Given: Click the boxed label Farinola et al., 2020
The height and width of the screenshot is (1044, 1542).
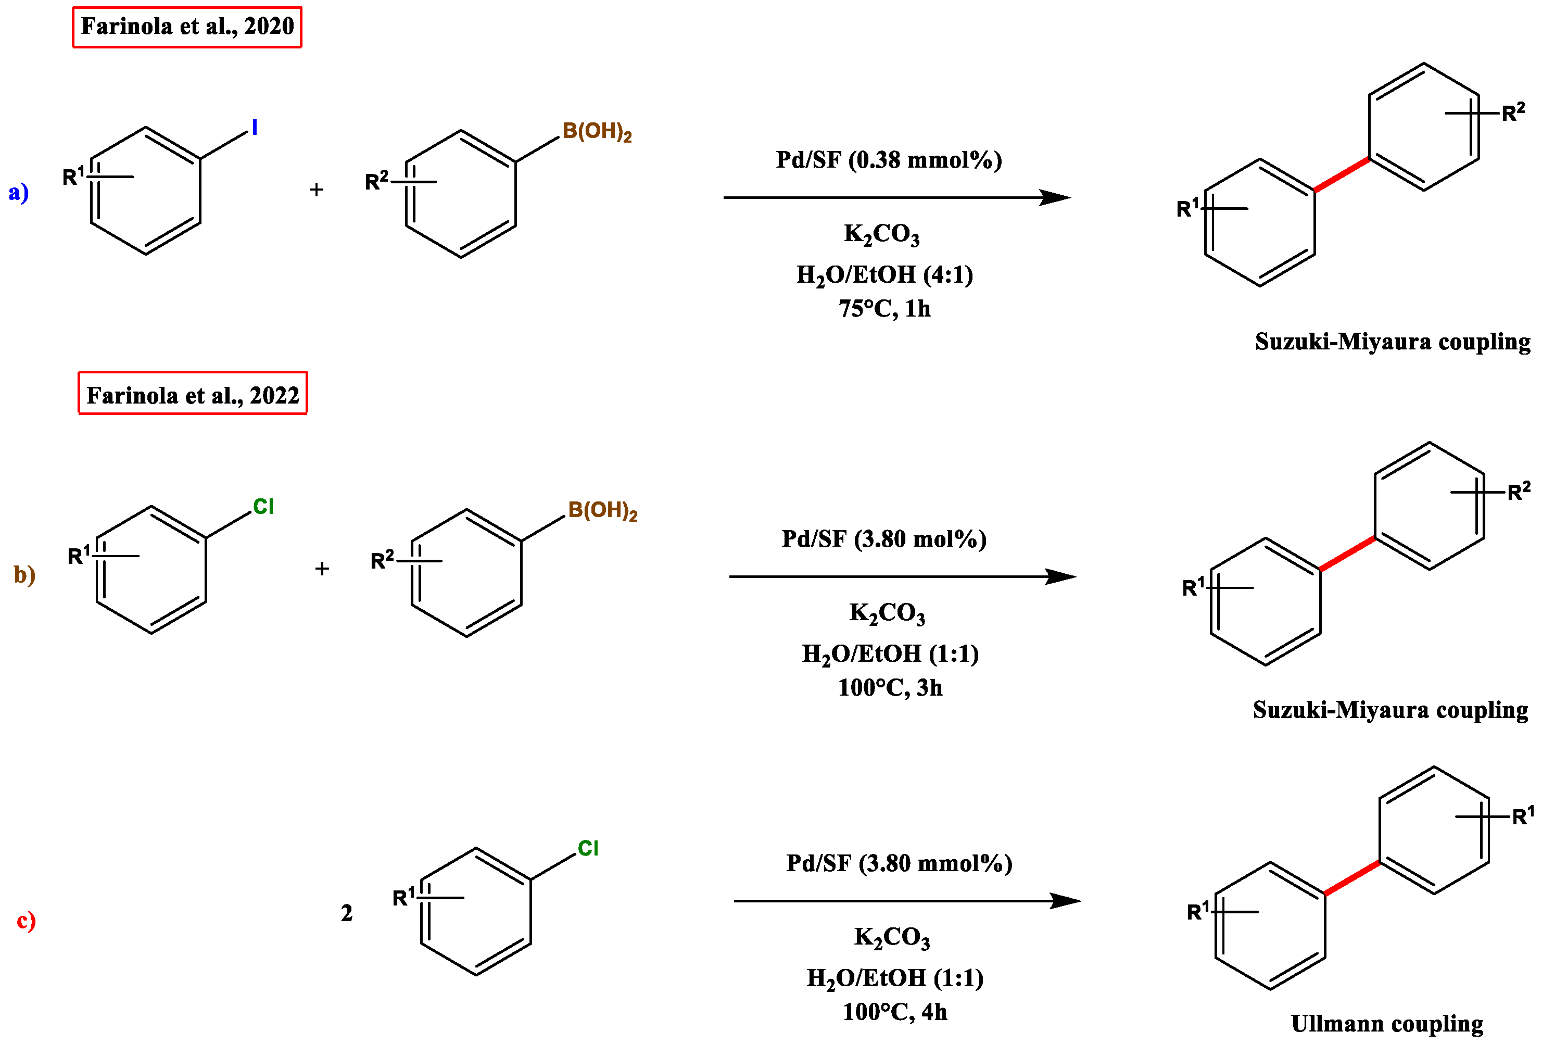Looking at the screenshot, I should [186, 27].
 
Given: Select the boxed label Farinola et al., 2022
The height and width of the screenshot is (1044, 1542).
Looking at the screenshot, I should [193, 395].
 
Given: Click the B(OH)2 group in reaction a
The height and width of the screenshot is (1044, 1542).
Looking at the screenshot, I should [597, 131].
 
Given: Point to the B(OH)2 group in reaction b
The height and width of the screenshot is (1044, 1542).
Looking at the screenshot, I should [602, 510].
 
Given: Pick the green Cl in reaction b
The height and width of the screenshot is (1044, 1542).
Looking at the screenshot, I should [263, 507].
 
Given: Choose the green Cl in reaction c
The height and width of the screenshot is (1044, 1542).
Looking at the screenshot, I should [588, 848].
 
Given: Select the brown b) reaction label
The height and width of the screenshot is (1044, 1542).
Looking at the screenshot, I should [24, 574].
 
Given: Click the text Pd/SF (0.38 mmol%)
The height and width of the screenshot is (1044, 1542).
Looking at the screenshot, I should [889, 160].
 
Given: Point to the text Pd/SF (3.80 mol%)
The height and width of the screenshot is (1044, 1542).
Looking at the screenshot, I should [884, 538].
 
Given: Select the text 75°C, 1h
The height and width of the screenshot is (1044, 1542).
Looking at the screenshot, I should [884, 309].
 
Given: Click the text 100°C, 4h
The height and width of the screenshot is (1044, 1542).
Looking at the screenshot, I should [894, 1012].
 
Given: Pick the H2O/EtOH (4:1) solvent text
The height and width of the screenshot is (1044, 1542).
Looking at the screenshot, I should [884, 274].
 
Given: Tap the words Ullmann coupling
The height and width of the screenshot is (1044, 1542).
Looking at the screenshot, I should [1387, 1023].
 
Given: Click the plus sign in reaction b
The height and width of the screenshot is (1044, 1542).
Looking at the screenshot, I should [322, 568].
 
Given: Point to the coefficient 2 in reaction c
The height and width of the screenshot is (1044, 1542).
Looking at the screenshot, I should [346, 913].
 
